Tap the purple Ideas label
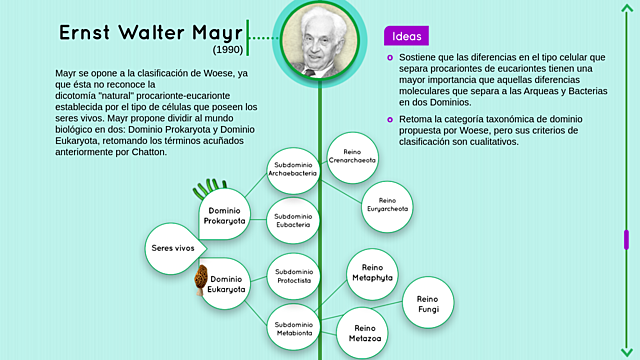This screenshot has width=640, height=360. pos(406,35)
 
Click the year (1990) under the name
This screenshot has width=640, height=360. pos(228,49)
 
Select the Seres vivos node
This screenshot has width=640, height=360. pos(173,247)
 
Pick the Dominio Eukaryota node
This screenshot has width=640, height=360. pos(227,285)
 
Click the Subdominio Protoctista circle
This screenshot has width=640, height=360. pos(293,277)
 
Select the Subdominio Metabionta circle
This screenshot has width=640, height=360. pos(293,326)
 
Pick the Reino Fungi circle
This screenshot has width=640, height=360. pos(428,304)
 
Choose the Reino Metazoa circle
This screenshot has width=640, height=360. pos(363,334)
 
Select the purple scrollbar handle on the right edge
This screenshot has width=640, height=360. pos(626,240)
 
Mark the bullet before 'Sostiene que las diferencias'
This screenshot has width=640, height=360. pos(390,58)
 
